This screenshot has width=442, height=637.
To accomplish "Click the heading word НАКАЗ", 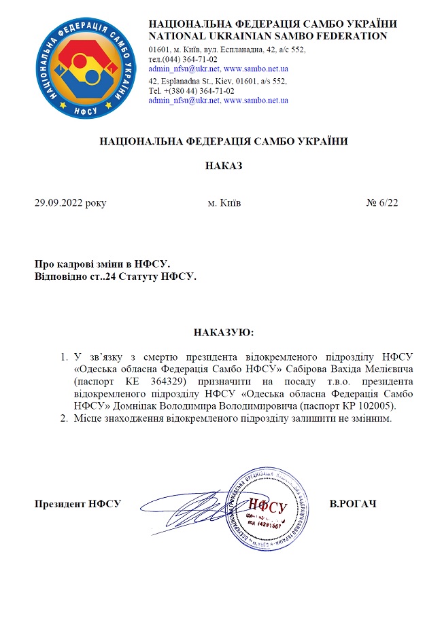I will coord(224,166).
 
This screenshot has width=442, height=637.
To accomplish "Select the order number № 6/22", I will coord(382,203).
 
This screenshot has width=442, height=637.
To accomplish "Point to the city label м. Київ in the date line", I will coord(223,203).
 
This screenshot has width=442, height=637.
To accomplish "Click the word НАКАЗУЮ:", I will coord(224,333).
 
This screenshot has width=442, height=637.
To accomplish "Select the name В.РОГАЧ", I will coord(353,504).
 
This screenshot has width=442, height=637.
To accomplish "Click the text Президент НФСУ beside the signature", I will coord(78,504).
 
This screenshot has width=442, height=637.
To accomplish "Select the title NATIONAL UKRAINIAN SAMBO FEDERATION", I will coord(268,36).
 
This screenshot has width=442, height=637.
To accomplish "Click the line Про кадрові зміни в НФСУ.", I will coord(102,263).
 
